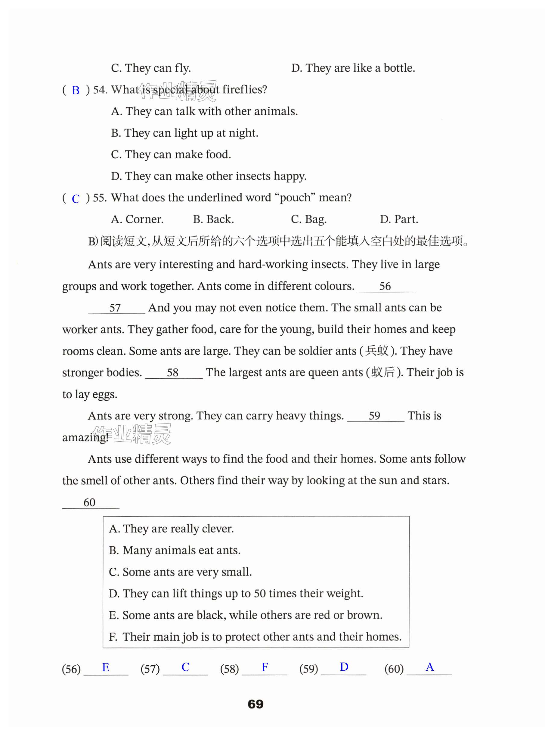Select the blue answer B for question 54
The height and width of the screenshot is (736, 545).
76,90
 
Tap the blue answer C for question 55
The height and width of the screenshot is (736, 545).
76,199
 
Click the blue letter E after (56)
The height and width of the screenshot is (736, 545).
106,667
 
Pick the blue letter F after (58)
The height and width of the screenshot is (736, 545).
265,667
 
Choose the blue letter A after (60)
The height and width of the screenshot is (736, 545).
429,667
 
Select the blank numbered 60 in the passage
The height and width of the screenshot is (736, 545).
90,502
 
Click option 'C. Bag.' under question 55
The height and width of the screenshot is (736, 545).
308,219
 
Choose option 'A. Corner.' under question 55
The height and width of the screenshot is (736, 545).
137,219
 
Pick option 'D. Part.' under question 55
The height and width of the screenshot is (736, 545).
399,219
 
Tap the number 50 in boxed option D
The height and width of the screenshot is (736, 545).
260,594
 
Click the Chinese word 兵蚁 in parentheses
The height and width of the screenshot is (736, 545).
377,351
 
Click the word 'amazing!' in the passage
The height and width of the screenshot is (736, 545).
85,438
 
